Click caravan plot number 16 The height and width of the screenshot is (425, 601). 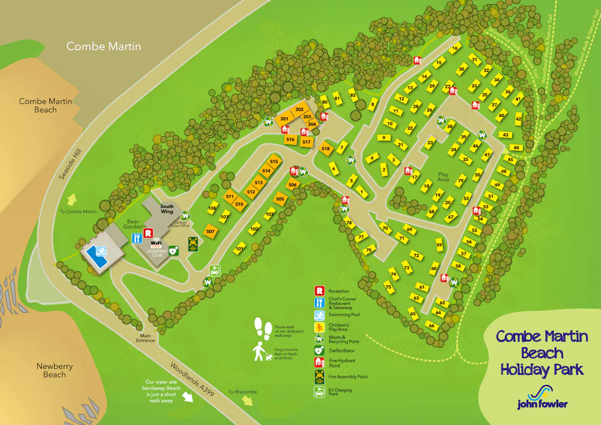pos(455,48)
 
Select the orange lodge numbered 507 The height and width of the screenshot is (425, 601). pos(211,232)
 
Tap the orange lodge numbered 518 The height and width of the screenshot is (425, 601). pos(325,149)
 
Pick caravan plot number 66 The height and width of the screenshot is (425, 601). pos(432,326)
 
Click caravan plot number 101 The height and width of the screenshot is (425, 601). pos(240,249)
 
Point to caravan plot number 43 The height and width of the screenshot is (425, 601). pos(505,134)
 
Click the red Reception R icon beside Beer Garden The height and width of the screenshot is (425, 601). pos(146,235)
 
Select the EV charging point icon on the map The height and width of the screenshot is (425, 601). pos(215,270)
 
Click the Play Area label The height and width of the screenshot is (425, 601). pos(443,177)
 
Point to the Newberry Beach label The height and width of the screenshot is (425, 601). pos(54,370)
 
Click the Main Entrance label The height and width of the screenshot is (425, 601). pos(145,337)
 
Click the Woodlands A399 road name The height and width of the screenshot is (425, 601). pos(192,380)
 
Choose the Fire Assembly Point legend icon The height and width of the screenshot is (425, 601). pos(319,376)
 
